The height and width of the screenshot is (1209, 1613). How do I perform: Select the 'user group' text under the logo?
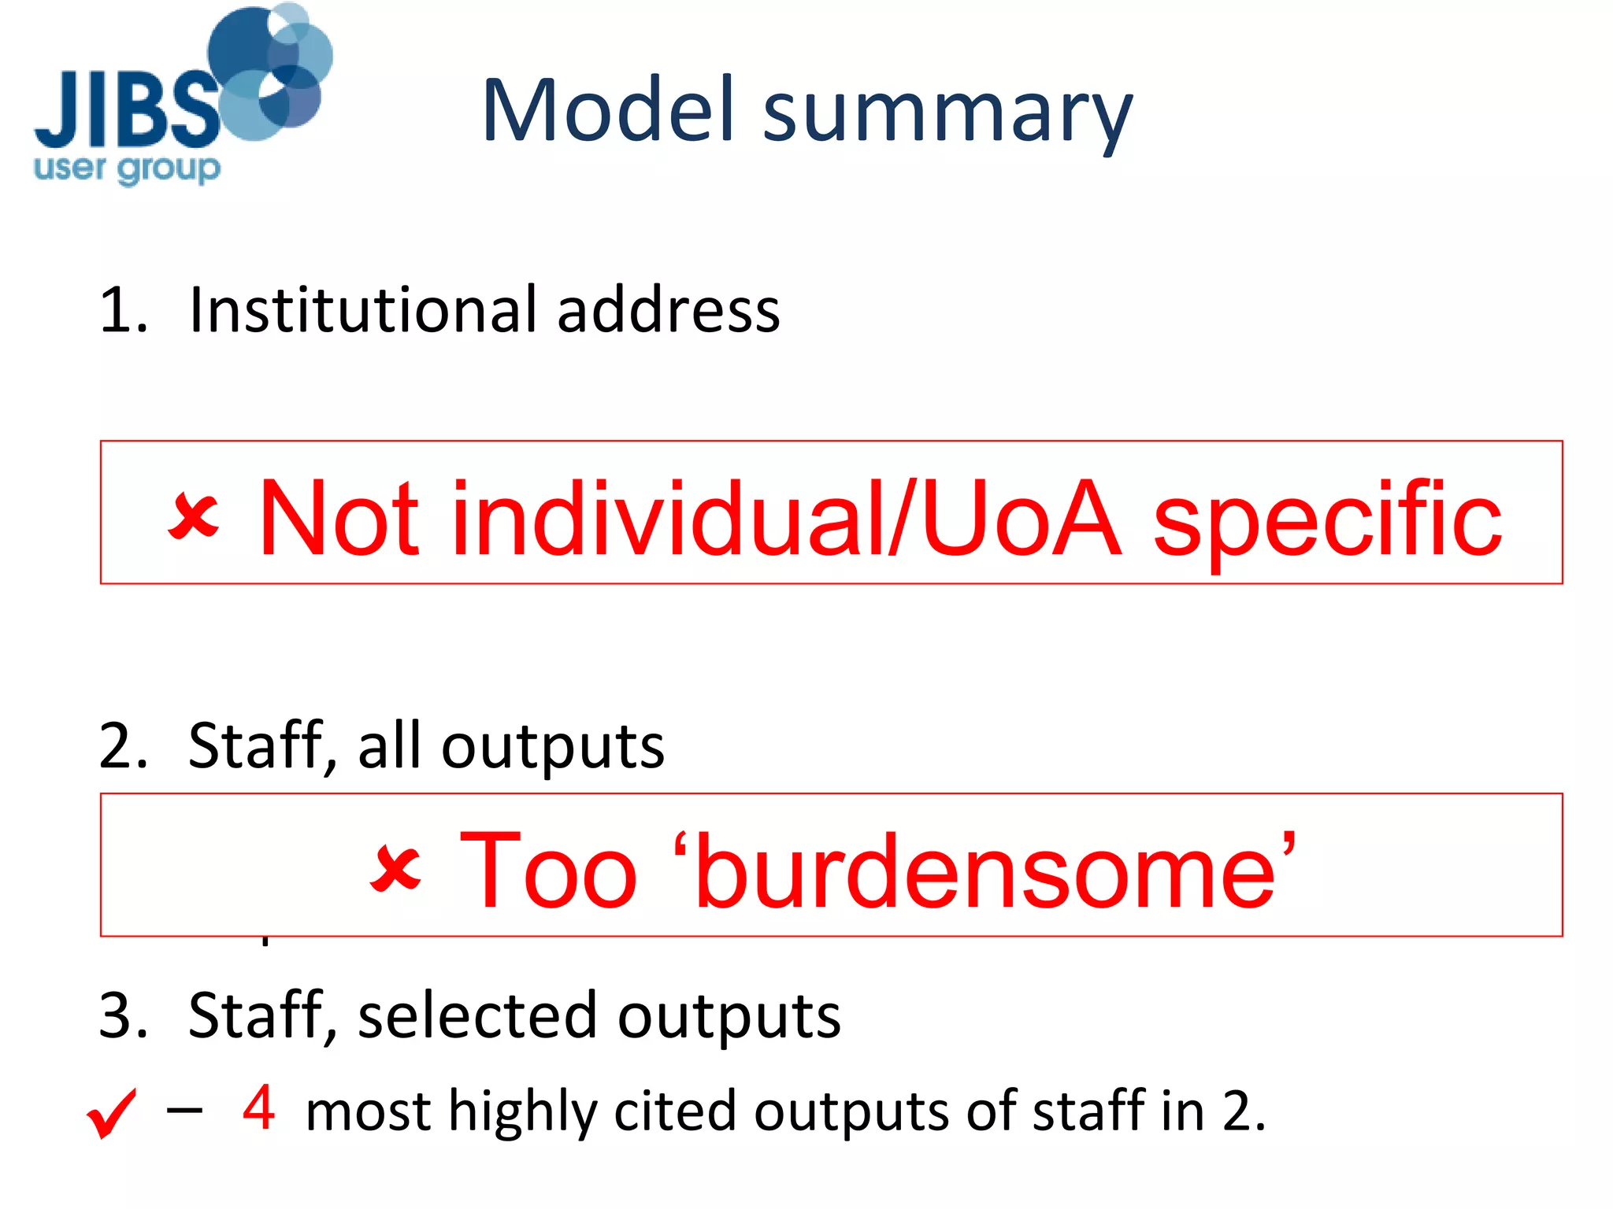tap(127, 169)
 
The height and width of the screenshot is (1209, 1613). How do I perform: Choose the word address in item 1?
tap(668, 309)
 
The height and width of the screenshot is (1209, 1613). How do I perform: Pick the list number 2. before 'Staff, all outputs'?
tap(123, 746)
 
